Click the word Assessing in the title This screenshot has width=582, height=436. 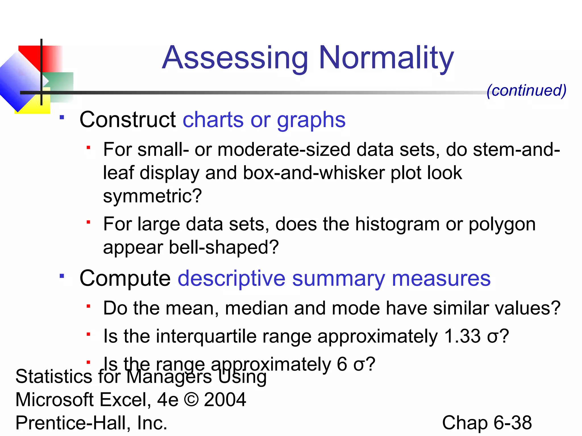[235, 58]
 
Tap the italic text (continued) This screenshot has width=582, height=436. [526, 91]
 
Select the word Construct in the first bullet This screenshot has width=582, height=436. [128, 120]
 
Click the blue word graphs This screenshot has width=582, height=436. [311, 120]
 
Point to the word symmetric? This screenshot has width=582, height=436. [152, 196]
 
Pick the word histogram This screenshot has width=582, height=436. [397, 224]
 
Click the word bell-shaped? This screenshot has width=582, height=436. [224, 247]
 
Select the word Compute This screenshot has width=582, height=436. [125, 278]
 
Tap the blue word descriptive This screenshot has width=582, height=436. [231, 278]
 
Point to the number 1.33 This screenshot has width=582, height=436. [462, 336]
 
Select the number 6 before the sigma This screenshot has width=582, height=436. [342, 364]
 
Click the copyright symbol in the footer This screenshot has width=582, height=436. [191, 400]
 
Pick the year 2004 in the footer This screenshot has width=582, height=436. [225, 400]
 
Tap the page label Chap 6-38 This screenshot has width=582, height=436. [487, 423]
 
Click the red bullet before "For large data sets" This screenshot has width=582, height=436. [88, 222]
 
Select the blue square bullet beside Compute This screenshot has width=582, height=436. [62, 276]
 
